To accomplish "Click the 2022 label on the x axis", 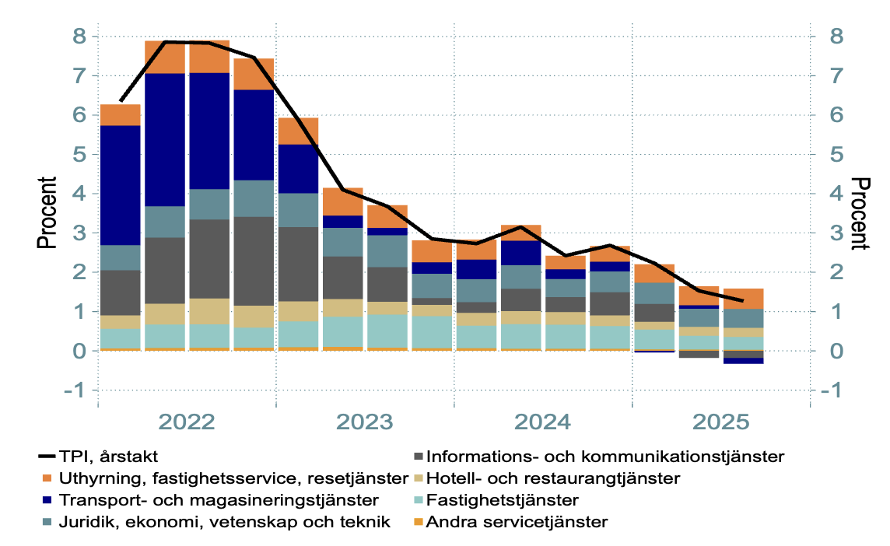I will click(187, 423).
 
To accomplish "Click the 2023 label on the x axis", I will click(365, 423).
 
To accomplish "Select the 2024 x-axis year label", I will click(543, 423).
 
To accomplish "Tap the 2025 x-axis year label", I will click(720, 423).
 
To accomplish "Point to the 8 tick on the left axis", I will click(79, 37).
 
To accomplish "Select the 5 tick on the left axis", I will click(79, 155).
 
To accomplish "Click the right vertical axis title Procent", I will click(859, 213).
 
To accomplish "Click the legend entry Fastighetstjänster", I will click(503, 499).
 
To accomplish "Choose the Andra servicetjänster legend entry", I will click(517, 521).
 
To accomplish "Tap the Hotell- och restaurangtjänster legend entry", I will click(553, 478).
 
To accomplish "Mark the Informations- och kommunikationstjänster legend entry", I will click(605, 457).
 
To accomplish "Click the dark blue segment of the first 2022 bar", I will click(121, 185).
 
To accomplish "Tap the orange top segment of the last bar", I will click(743, 299).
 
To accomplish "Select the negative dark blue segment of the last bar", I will click(743, 360).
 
